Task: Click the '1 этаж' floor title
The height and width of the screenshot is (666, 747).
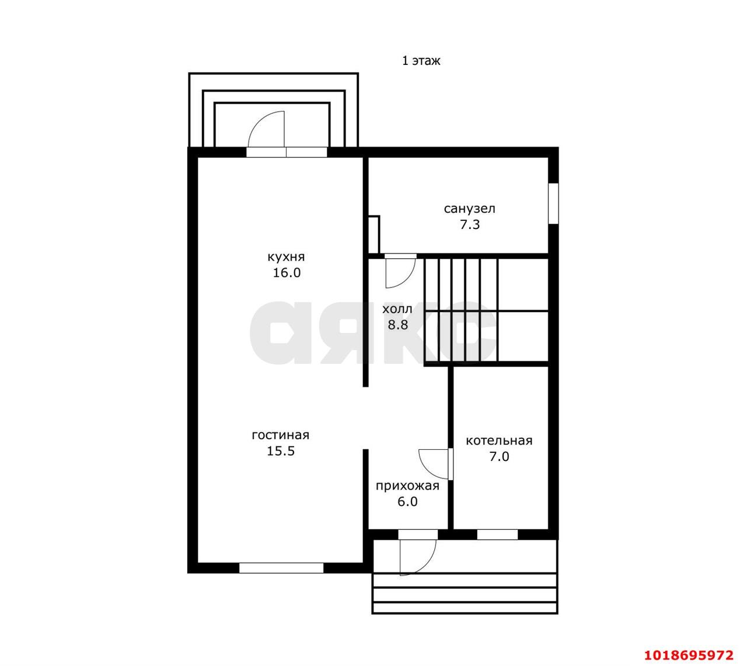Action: click(421, 61)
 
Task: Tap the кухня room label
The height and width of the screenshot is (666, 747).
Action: click(286, 256)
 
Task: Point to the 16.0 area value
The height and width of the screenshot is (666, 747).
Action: click(287, 272)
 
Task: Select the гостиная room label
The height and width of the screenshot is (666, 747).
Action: click(280, 435)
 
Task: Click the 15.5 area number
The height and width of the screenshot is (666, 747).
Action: click(281, 451)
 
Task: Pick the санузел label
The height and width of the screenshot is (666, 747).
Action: click(469, 209)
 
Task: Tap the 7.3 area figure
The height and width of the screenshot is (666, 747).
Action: click(470, 224)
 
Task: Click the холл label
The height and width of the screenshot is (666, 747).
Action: click(397, 309)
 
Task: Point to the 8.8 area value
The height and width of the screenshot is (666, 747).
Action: click(398, 324)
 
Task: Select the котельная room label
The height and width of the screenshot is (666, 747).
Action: click(499, 440)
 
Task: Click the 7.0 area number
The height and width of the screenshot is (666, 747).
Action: click(499, 456)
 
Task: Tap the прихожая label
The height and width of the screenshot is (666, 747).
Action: click(407, 485)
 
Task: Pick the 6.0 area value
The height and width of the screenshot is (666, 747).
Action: click(407, 501)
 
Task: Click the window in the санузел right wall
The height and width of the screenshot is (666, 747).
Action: click(553, 203)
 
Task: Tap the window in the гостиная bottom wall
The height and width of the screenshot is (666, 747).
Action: click(281, 568)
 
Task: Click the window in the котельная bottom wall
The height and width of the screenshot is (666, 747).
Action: click(497, 535)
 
